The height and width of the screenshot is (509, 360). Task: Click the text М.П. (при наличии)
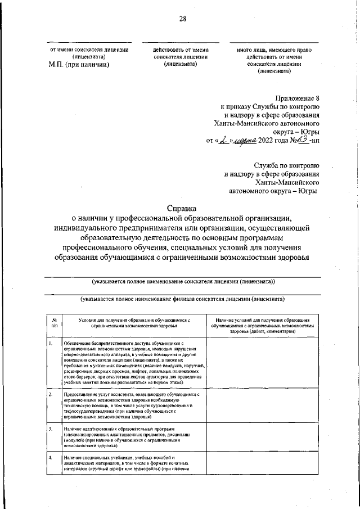pos(79,64)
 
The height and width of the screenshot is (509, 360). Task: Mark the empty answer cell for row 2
pos(262,407)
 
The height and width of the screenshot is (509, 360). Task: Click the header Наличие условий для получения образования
pos(262,319)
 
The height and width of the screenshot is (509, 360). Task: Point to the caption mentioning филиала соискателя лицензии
pos(182,299)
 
